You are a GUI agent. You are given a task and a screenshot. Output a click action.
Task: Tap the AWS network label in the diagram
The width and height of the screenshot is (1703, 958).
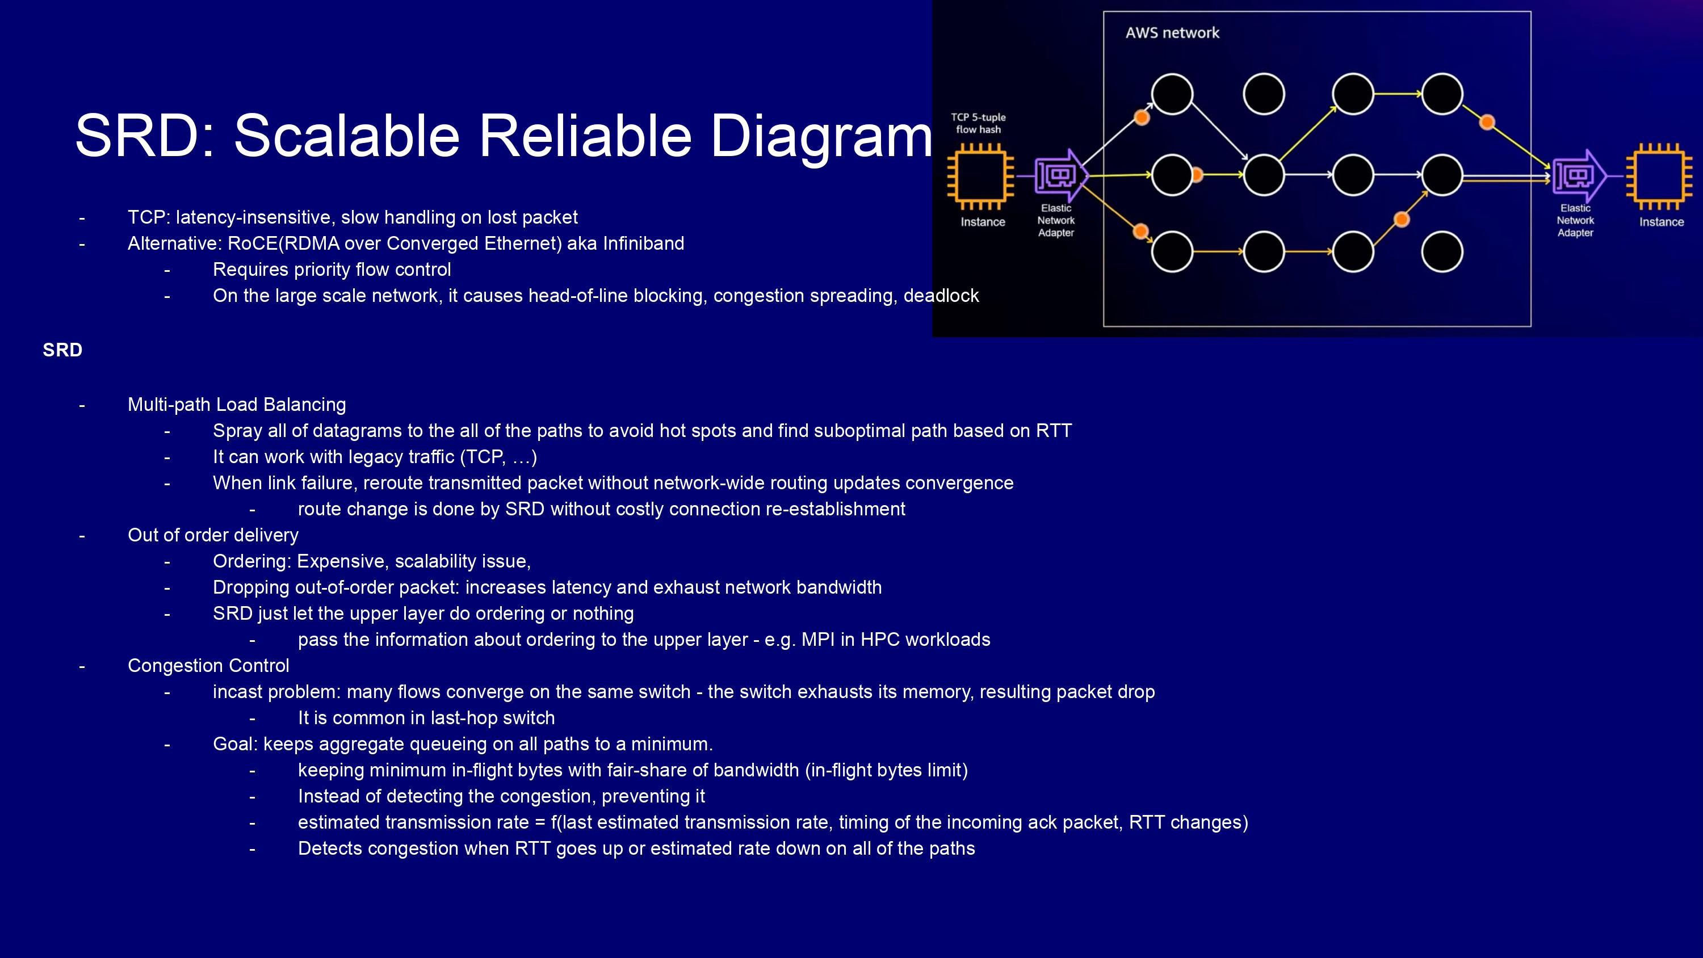click(x=1172, y=32)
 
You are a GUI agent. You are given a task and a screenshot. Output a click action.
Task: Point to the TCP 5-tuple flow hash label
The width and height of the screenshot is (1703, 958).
click(x=979, y=123)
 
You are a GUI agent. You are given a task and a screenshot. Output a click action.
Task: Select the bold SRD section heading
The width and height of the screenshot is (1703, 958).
click(x=62, y=350)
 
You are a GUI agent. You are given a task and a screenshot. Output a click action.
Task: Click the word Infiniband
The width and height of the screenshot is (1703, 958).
click(x=643, y=243)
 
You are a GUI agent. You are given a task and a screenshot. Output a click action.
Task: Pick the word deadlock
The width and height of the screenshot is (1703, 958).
click(x=941, y=296)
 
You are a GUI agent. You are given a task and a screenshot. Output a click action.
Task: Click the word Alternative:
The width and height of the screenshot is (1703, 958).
click(x=174, y=243)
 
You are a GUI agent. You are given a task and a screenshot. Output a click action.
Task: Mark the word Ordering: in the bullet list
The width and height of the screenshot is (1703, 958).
click(x=252, y=562)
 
